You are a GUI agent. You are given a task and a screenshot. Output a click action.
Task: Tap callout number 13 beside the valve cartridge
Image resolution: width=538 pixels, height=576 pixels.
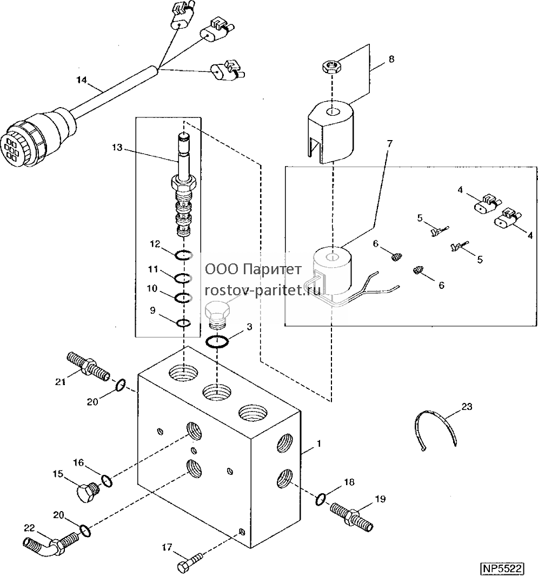pos(117,148)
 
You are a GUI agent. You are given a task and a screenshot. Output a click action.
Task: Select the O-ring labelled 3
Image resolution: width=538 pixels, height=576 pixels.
pos(217,342)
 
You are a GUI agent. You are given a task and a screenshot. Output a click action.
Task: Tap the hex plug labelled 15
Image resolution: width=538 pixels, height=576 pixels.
pos(88,493)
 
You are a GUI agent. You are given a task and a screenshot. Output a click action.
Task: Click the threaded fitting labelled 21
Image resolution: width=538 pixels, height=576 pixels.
pos(88,365)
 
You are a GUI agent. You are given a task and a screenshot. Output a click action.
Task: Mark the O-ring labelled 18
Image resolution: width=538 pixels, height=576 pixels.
pos(320,499)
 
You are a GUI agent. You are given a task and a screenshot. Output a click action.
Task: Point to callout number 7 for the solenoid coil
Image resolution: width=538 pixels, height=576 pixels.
pos(390,143)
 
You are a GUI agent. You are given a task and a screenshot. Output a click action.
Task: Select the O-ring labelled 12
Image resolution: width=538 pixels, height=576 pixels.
pos(183,255)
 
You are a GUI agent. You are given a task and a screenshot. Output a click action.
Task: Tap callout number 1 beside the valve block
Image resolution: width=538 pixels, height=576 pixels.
pos(319,443)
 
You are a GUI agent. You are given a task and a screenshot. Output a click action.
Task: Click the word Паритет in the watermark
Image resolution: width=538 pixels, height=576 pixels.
pos(273,270)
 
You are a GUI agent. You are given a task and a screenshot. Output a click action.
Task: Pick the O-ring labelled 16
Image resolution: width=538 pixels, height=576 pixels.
pos(107,480)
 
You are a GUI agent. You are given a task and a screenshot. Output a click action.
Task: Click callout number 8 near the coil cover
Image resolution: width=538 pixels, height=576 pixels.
pos(391,59)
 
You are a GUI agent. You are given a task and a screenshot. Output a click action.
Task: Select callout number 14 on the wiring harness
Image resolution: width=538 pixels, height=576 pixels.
pos(82,80)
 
